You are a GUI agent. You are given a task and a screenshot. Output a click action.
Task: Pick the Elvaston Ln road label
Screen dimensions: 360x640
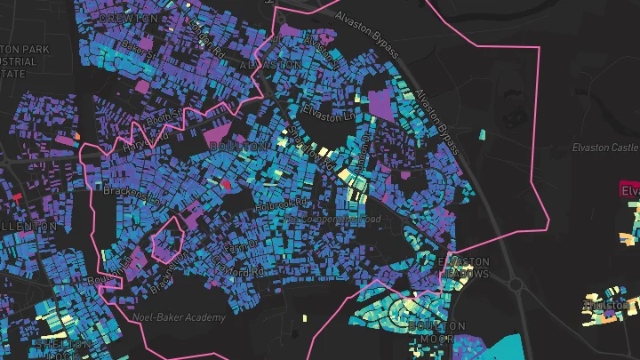pos(331,111)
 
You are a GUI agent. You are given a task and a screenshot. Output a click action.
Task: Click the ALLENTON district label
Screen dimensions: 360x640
pos(27,227)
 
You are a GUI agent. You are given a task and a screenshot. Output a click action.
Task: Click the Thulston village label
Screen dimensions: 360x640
pos(605,305)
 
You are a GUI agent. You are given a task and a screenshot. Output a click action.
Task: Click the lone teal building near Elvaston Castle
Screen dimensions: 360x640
pos(482,135)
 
